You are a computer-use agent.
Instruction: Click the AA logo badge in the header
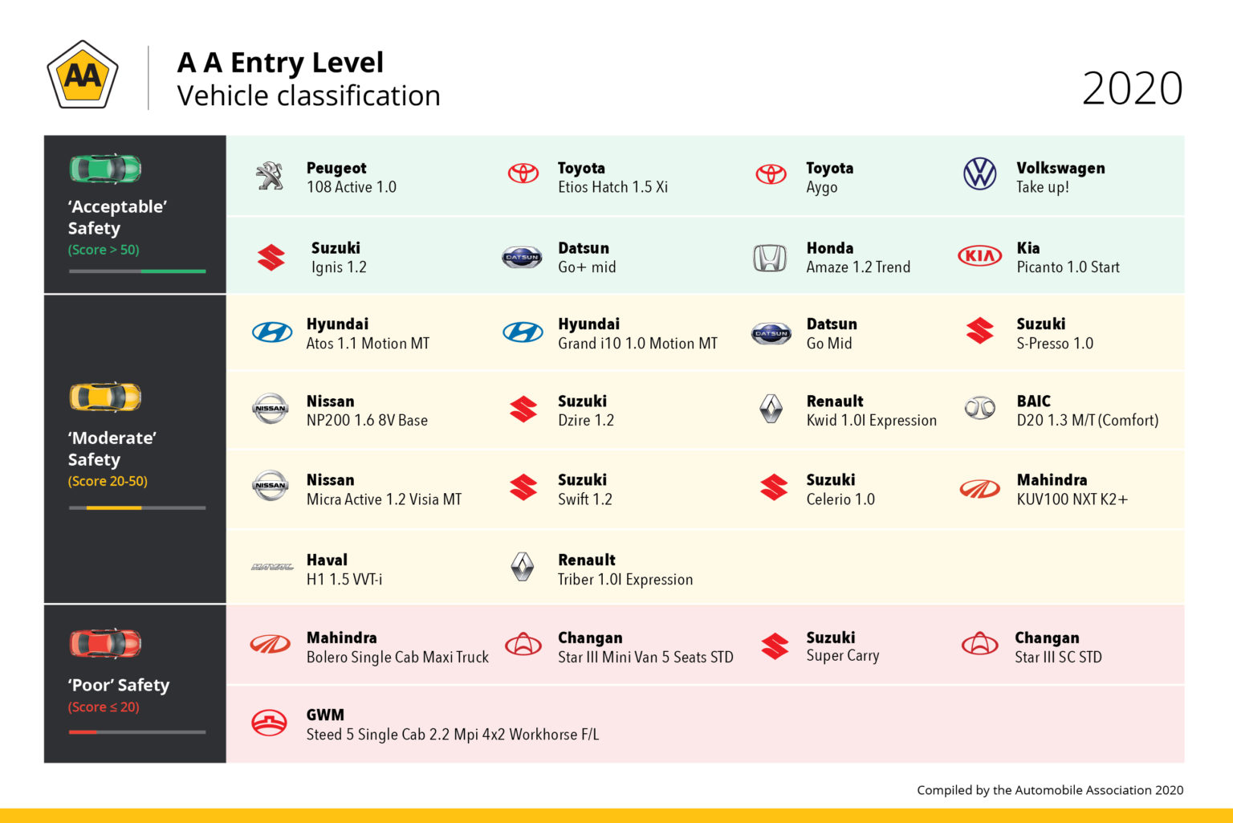coord(83,75)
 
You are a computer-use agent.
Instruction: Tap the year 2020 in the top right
coord(1132,88)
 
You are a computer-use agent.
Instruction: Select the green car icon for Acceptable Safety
coord(105,169)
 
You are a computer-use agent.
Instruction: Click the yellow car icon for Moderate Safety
coord(105,397)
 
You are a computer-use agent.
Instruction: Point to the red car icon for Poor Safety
coord(105,643)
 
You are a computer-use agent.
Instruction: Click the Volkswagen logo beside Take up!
coord(979,173)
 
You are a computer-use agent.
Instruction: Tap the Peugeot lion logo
coord(271,175)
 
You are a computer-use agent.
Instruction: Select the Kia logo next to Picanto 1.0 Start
coord(979,256)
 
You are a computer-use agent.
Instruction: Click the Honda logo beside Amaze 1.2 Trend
coord(770,258)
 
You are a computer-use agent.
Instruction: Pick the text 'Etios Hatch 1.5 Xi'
coord(612,187)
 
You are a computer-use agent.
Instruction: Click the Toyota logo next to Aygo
coord(771,174)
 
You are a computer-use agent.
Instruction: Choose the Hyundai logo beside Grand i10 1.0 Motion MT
coord(523,332)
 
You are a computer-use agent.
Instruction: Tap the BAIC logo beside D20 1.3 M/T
coord(979,409)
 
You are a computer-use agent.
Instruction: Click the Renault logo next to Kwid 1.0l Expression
coord(771,409)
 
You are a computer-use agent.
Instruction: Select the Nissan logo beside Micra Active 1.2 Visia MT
coord(271,486)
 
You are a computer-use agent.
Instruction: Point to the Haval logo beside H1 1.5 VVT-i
coord(272,567)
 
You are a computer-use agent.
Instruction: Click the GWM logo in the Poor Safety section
coord(270,723)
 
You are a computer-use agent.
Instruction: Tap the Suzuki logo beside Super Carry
coord(775,646)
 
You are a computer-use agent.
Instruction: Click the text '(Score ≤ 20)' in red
coord(104,707)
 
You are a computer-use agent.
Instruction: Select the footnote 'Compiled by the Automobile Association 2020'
coord(1050,790)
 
